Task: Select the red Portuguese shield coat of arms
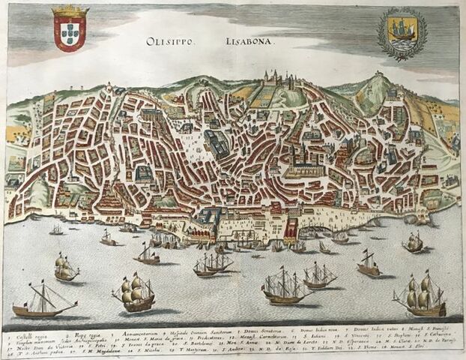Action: pyautogui.click(x=70, y=32)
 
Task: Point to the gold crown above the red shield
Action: pyautogui.click(x=70, y=11)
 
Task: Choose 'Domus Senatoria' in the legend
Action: pyautogui.click(x=264, y=330)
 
